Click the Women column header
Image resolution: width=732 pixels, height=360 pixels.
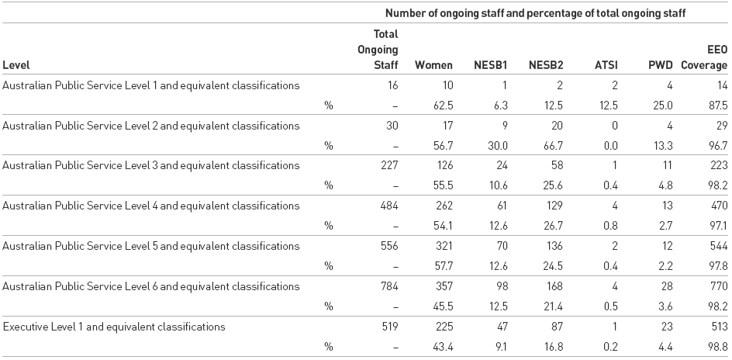click(x=433, y=65)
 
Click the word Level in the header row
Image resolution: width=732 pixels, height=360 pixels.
click(x=16, y=65)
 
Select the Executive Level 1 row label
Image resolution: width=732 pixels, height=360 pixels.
click(x=114, y=327)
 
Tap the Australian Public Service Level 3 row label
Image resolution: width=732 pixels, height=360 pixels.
click(x=151, y=165)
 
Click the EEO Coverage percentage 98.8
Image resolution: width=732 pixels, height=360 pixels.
click(x=716, y=347)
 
